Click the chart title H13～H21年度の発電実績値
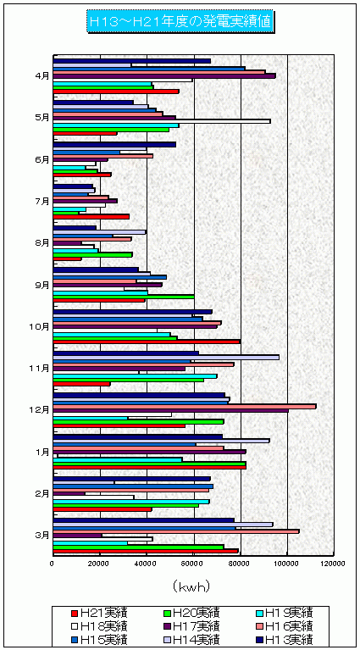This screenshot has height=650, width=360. (180, 21)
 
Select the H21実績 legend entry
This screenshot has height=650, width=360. (100, 612)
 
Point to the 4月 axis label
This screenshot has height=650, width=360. (42, 76)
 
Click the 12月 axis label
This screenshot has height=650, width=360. (41, 409)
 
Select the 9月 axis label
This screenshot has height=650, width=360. (42, 285)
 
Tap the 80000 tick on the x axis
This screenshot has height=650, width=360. (241, 564)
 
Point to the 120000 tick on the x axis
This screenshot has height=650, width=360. (334, 564)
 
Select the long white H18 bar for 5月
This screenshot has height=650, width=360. (162, 121)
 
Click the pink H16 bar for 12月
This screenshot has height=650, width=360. (185, 407)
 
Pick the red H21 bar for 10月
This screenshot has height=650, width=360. (147, 342)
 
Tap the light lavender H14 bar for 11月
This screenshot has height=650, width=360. (166, 357)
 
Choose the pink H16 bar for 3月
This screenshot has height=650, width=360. (176, 531)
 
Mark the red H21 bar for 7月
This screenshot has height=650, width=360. (91, 216)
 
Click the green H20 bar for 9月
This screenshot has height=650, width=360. (124, 297)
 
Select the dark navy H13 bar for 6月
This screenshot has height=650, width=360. (114, 144)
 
